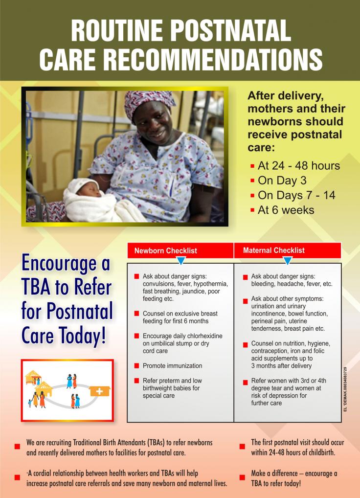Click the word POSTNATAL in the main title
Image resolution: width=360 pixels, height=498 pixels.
point(230,30)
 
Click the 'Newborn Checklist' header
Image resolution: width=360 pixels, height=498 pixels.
point(165,250)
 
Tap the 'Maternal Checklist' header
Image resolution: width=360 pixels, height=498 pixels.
point(273,250)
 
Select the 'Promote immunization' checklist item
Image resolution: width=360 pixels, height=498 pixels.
point(172,365)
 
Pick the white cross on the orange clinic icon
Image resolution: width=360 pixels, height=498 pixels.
point(99,392)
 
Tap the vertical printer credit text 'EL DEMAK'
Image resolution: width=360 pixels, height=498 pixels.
point(345,389)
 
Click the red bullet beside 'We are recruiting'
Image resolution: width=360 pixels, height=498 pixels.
point(17,446)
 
